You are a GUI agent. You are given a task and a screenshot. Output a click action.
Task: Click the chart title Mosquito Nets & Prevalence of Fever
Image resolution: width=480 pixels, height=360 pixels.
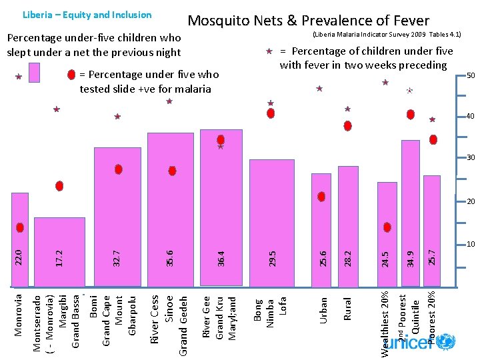tap(308, 21)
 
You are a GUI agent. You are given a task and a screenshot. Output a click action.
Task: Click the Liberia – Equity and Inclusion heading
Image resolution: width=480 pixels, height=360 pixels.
tap(87, 15)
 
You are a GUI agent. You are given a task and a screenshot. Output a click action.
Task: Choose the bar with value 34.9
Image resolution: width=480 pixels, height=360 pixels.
tap(410, 214)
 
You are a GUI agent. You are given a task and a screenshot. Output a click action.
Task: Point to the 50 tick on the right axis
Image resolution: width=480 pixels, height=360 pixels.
tap(470, 75)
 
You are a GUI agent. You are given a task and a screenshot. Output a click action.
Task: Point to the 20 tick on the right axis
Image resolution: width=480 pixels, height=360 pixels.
tap(470, 202)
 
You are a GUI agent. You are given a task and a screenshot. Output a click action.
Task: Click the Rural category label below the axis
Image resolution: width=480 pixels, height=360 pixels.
tap(347, 308)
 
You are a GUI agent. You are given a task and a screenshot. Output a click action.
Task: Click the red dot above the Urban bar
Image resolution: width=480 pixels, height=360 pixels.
tap(321, 197)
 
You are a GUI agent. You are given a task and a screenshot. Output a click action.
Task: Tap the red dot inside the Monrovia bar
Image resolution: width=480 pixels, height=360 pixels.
tap(20, 227)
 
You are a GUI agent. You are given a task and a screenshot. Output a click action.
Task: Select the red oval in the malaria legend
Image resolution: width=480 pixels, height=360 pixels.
tap(71, 75)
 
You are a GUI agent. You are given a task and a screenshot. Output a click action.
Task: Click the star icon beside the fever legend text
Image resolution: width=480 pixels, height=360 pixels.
tap(269, 51)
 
